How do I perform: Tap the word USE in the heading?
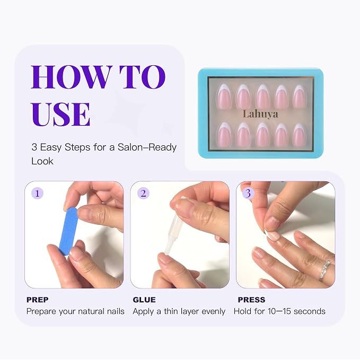click(61, 114)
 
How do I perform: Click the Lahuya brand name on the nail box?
click(260, 114)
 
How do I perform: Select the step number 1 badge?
click(37, 194)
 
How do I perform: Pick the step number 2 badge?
click(143, 194)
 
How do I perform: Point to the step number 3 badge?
click(248, 194)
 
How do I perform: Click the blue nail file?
click(68, 231)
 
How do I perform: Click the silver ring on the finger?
click(324, 270)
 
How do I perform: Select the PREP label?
click(38, 300)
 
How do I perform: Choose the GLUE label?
click(144, 300)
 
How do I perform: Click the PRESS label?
click(251, 300)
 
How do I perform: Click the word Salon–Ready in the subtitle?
click(147, 147)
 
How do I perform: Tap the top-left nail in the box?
click(223, 96)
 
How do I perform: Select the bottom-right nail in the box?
click(299, 135)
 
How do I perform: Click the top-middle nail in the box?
click(262, 96)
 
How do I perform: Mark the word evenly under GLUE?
click(213, 312)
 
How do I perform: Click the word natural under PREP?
click(91, 311)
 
